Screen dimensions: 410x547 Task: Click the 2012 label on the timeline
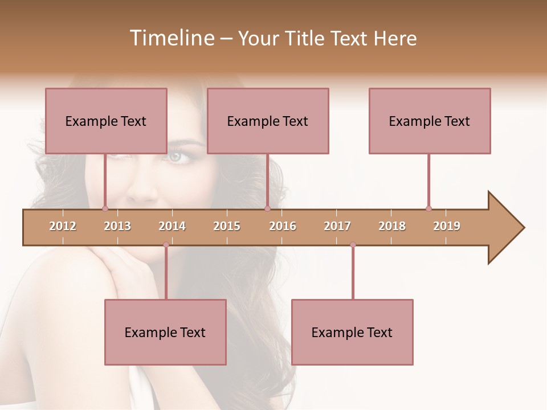[x=63, y=226]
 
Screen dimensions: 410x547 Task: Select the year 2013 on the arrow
[x=117, y=226]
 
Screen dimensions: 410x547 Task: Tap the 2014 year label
[x=172, y=226]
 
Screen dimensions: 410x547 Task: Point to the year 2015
[x=227, y=226]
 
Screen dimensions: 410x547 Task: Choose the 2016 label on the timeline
[x=283, y=226]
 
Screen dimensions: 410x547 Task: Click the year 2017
[x=337, y=226]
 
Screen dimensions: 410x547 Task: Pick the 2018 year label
[x=392, y=226]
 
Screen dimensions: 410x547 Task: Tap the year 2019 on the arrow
[x=447, y=226]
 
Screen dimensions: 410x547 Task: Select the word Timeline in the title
[x=170, y=38]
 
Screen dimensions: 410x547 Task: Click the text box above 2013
[x=106, y=121]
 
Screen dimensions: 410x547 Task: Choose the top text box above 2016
[x=268, y=121]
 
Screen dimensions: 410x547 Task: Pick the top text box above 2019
[x=430, y=121]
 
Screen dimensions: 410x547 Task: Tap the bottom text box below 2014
[x=165, y=332]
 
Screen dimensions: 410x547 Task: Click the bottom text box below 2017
[x=352, y=332]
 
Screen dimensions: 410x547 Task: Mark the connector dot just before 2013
[x=105, y=208]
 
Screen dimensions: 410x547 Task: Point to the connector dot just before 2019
[x=428, y=208]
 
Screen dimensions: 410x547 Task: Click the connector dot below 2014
[x=166, y=245]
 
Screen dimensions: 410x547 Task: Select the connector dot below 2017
[x=353, y=245]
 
